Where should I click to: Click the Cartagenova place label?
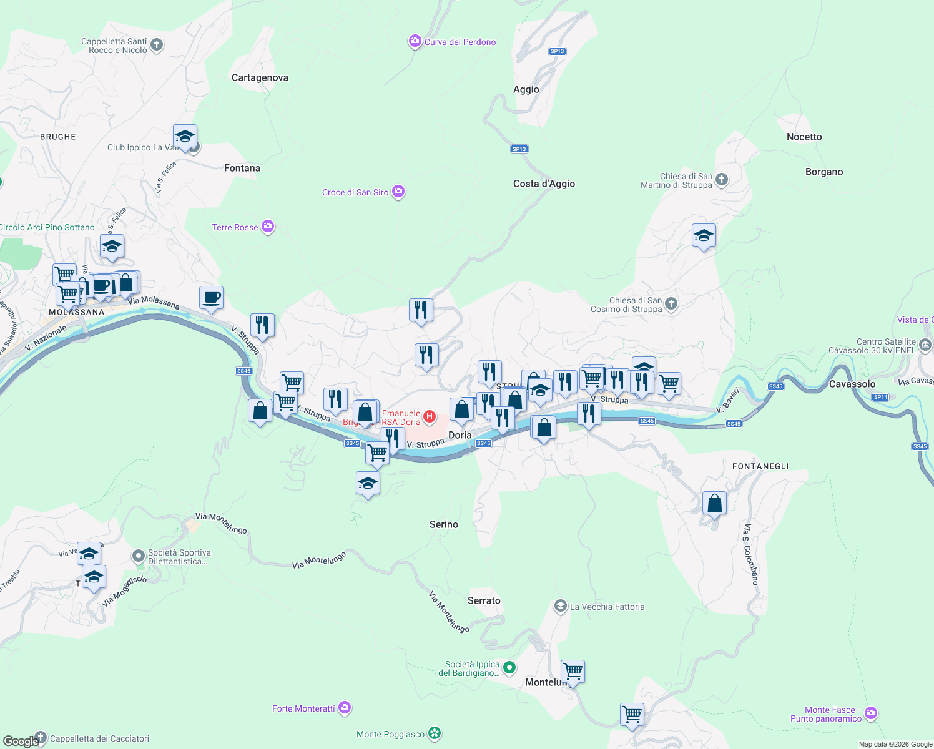click(260, 77)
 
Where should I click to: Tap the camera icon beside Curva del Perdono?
click(415, 42)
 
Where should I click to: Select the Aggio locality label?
click(526, 89)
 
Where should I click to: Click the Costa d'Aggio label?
click(544, 184)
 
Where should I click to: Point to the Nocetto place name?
click(804, 137)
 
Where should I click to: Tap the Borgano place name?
click(823, 172)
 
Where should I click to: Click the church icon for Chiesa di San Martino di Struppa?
click(721, 180)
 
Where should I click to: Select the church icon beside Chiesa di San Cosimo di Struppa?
click(671, 304)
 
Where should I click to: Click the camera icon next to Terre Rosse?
click(268, 227)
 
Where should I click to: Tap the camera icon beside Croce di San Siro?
click(398, 192)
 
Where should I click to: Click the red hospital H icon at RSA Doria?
click(429, 416)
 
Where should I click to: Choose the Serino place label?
click(443, 524)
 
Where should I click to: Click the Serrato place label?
click(484, 600)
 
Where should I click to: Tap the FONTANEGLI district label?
click(760, 466)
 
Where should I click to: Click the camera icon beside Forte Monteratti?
click(344, 708)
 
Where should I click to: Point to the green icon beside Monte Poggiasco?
click(435, 734)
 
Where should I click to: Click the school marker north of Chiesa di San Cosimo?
click(704, 236)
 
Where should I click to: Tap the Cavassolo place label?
click(852, 384)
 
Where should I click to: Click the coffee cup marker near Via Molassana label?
click(211, 298)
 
